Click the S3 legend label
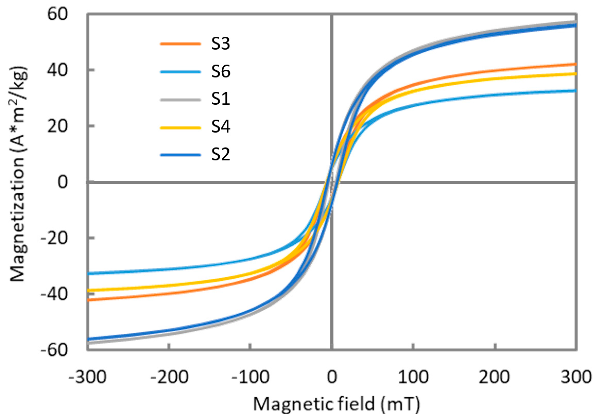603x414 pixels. (x=220, y=44)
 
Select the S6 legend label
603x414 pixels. (x=220, y=72)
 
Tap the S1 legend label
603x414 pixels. (x=220, y=99)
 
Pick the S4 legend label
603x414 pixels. (x=220, y=127)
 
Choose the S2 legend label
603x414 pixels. (x=220, y=155)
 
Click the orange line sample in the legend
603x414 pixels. (x=180, y=44)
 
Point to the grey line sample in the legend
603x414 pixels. (x=180, y=100)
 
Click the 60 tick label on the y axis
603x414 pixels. (x=57, y=14)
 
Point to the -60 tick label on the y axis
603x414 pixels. (x=54, y=350)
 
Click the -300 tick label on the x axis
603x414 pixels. (x=88, y=377)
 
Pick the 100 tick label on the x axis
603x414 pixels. (x=413, y=377)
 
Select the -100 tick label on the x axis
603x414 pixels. (x=250, y=377)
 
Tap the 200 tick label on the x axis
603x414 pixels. (x=494, y=377)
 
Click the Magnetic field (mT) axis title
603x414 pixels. (x=336, y=404)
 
